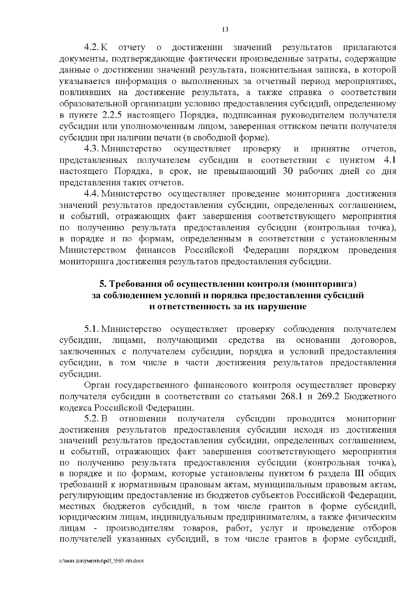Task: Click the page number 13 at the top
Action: coord(225,30)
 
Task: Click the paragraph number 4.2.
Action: coord(92,48)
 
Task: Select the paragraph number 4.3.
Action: coord(92,149)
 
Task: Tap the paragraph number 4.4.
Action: coord(92,194)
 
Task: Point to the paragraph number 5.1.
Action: coord(92,329)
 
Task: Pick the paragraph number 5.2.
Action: coord(92,419)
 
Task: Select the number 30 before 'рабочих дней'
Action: coord(289,171)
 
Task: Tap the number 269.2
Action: coord(324,396)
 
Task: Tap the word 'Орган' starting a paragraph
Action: coord(96,385)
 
